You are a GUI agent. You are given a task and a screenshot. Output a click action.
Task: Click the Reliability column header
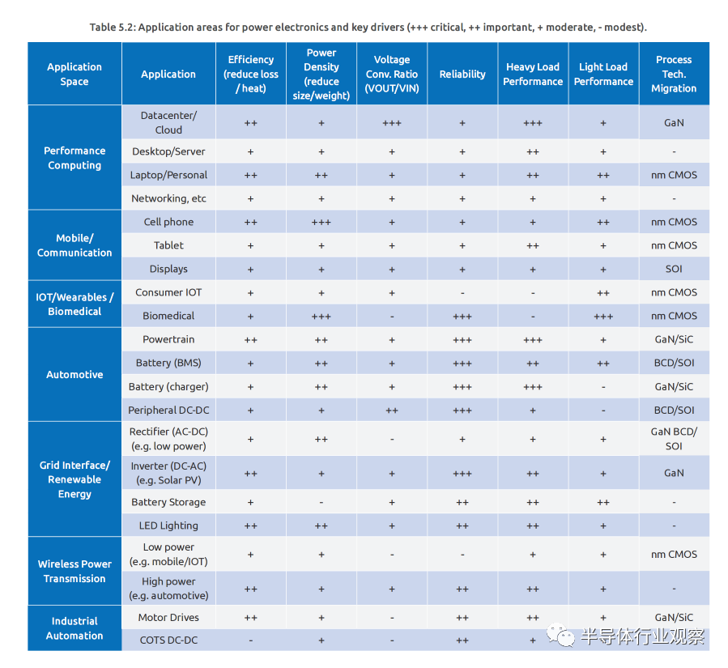click(x=462, y=74)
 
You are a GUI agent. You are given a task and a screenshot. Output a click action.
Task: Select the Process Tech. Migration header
click(x=674, y=74)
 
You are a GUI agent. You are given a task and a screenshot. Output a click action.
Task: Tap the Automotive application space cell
click(x=75, y=375)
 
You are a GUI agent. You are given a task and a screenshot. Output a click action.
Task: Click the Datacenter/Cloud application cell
click(x=168, y=122)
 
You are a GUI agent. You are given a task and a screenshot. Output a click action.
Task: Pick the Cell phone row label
click(x=168, y=222)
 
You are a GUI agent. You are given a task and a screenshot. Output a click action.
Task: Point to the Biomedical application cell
click(x=168, y=316)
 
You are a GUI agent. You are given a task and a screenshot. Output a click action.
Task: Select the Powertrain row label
click(x=168, y=339)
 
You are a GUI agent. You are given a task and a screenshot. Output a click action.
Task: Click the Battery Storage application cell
click(x=168, y=502)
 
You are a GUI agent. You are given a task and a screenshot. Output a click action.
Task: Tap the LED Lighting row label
click(x=168, y=525)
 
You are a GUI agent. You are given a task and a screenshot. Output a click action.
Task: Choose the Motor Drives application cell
click(x=168, y=618)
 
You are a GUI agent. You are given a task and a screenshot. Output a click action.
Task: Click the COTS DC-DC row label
click(x=168, y=640)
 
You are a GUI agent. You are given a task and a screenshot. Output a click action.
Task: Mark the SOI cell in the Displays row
click(x=674, y=269)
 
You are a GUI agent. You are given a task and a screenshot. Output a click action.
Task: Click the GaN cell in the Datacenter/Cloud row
click(x=674, y=122)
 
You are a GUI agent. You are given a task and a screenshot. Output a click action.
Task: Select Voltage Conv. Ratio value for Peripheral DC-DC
click(x=392, y=411)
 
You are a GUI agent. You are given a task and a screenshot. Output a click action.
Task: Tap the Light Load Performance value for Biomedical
click(x=603, y=317)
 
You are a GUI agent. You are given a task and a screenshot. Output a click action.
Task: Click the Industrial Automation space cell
click(x=75, y=628)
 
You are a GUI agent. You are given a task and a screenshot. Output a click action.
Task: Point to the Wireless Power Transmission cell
click(x=75, y=571)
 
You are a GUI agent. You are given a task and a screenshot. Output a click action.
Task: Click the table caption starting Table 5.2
click(x=368, y=28)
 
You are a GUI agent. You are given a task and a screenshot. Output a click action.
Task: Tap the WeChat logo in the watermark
click(x=561, y=635)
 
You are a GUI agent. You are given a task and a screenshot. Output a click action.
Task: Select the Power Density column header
click(x=321, y=74)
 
